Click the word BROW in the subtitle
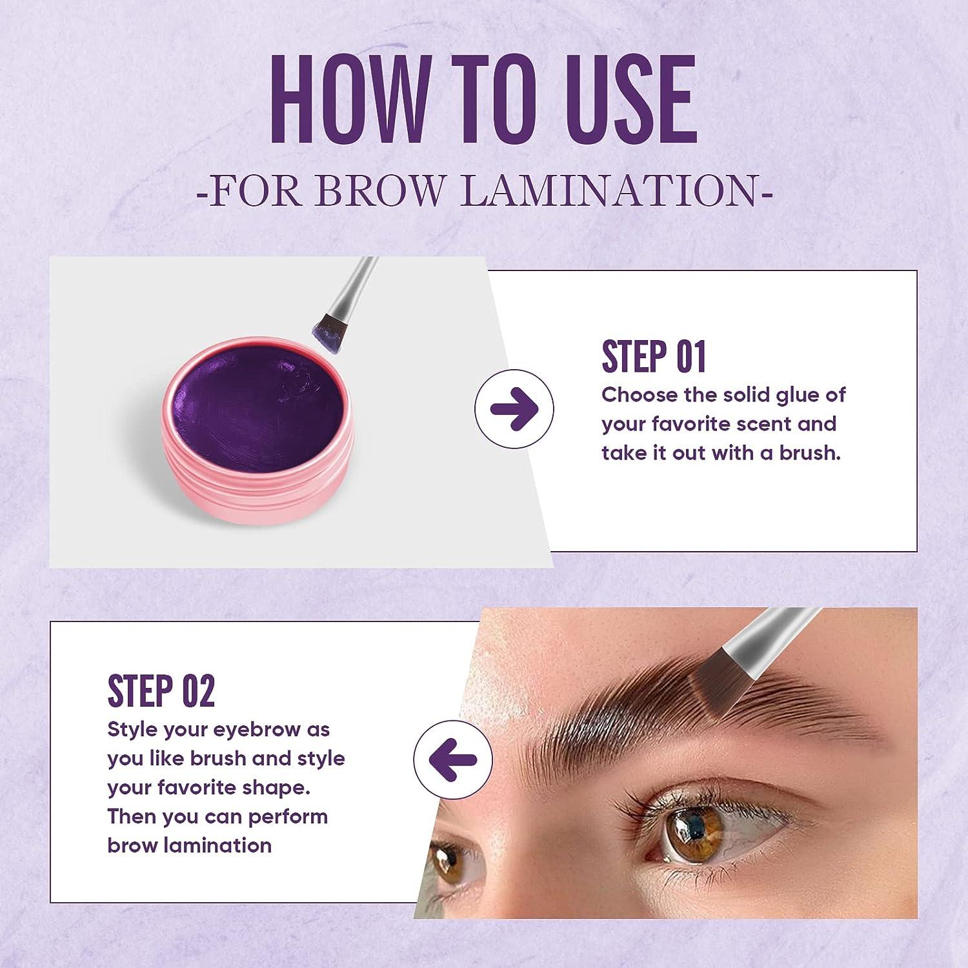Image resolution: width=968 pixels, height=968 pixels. pos(381,192)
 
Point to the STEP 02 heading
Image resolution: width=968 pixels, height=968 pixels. pos(161,691)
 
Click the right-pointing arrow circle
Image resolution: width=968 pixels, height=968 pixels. pos(514,409)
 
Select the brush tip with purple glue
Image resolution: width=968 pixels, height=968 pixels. pos(327,329)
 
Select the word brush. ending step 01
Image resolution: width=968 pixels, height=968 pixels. pos(810,453)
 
